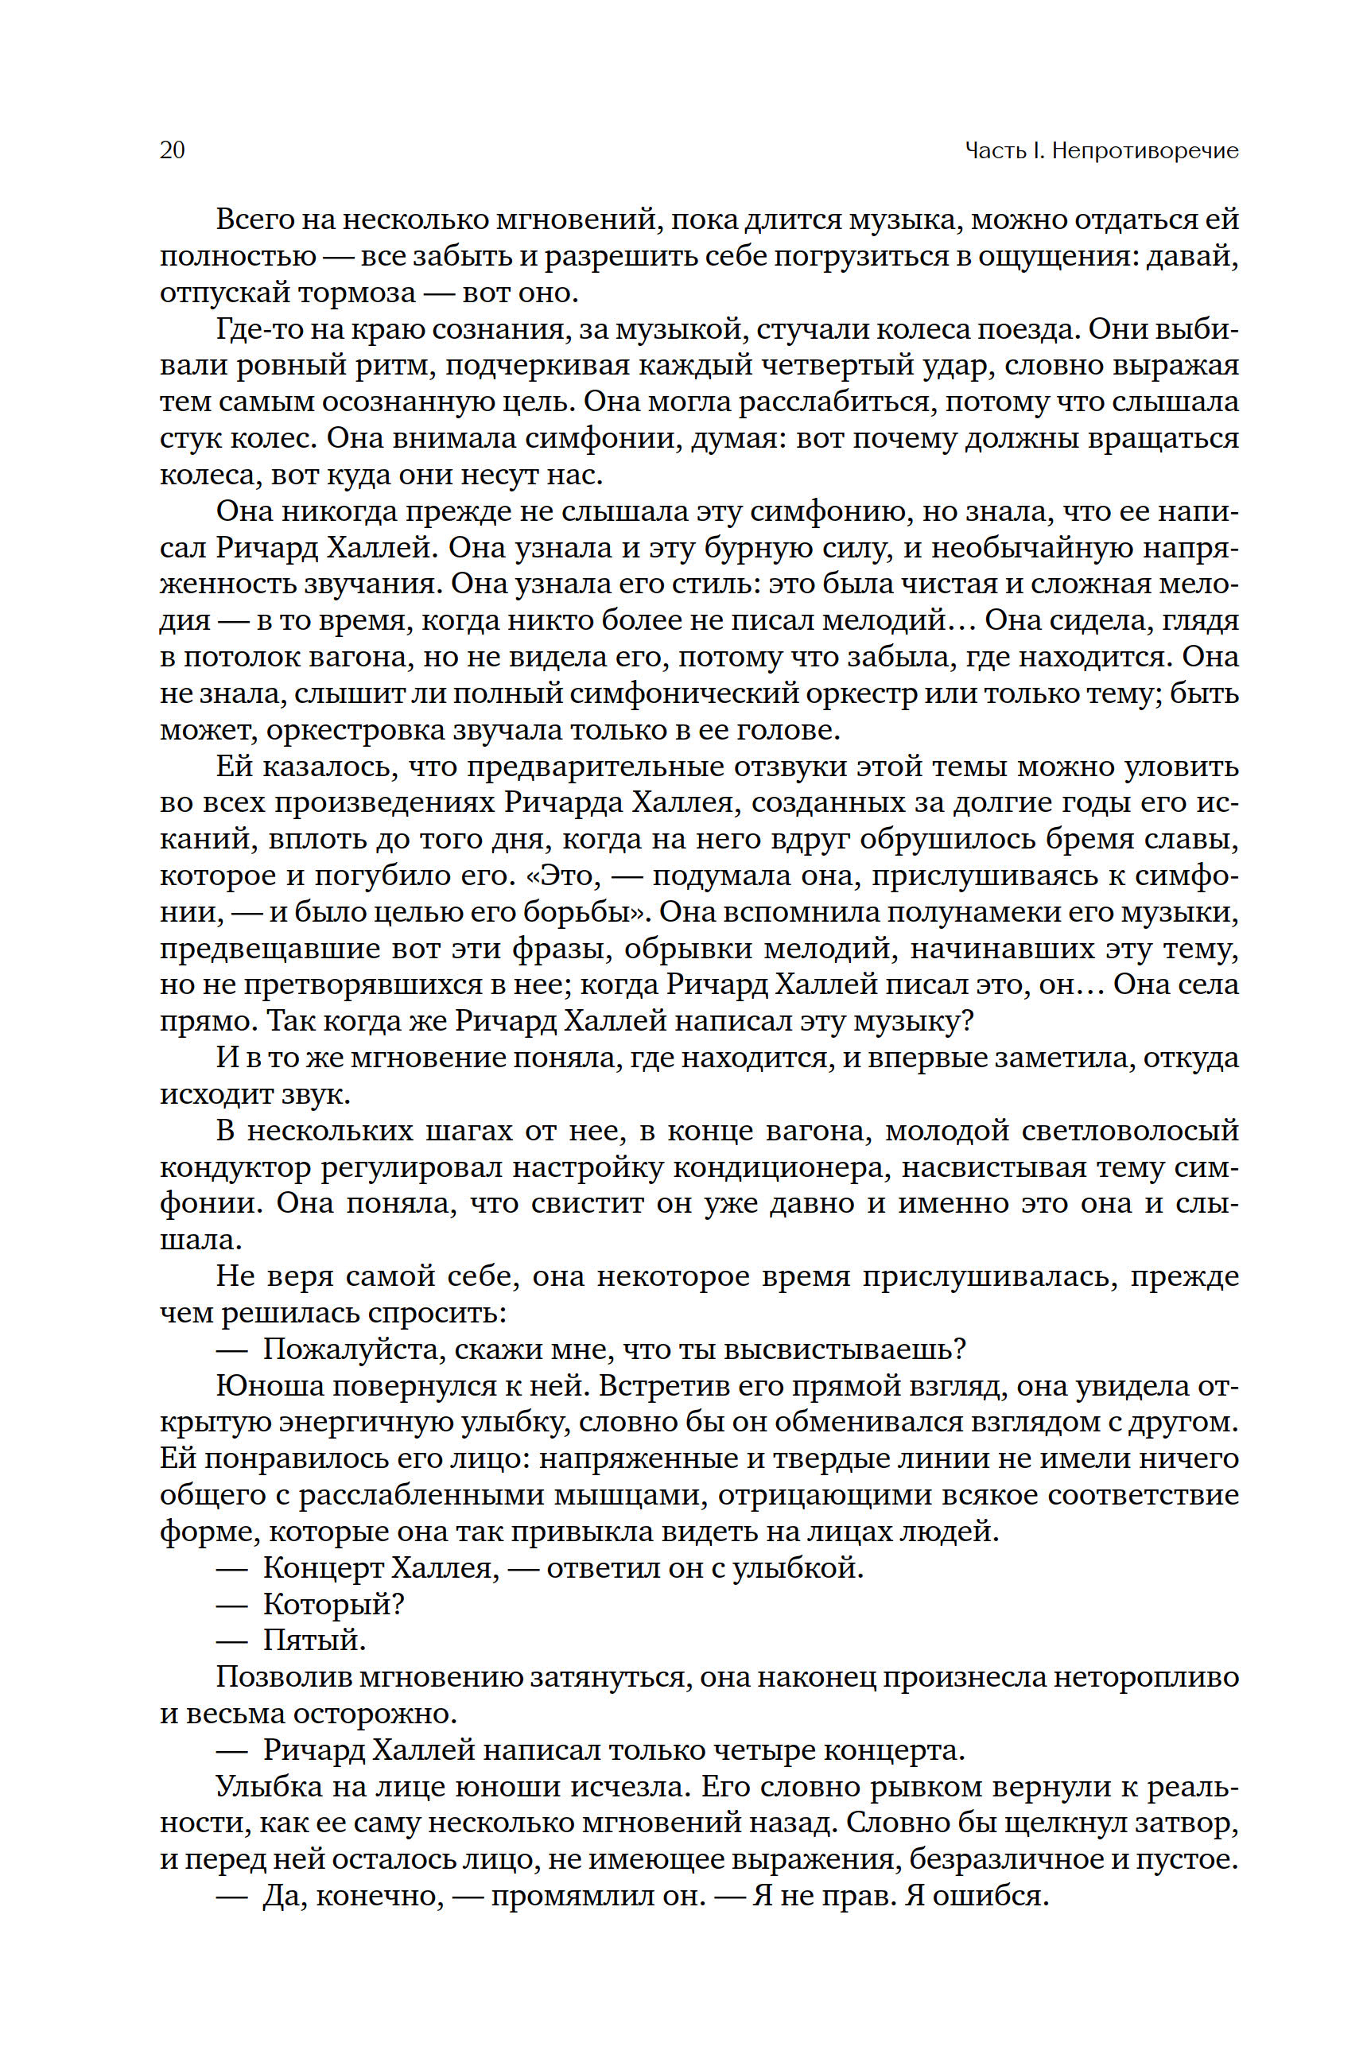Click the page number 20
173,150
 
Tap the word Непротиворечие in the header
1144,151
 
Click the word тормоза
357,293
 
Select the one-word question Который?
333,1604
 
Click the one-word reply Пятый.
314,1641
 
